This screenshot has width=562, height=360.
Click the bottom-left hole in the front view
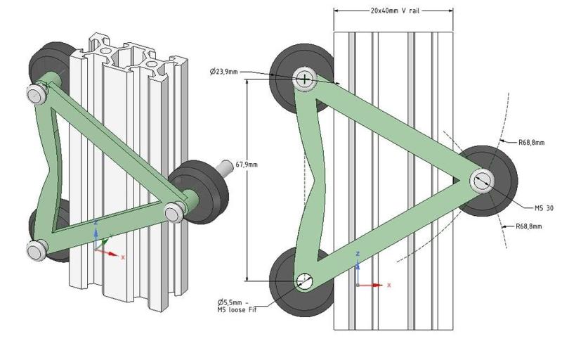303,281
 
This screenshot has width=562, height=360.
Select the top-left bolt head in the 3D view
34,94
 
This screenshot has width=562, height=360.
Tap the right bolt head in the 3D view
172,211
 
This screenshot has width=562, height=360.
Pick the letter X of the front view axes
389,285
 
